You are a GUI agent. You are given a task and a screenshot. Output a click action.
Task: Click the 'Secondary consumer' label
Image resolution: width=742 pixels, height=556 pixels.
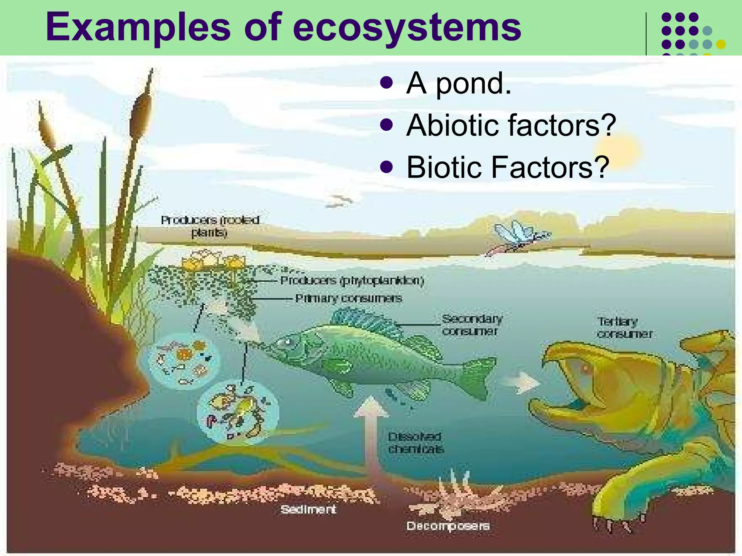pyautogui.click(x=472, y=325)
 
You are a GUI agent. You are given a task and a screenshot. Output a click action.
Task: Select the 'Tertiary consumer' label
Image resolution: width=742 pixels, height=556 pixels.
pyautogui.click(x=624, y=327)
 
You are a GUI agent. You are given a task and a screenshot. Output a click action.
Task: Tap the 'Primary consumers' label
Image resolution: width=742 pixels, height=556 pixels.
pyautogui.click(x=349, y=298)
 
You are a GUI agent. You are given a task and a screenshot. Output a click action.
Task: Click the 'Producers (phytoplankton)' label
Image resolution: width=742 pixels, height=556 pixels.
pyautogui.click(x=352, y=281)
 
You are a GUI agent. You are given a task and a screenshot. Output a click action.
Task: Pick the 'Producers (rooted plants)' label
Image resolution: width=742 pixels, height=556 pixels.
pyautogui.click(x=210, y=226)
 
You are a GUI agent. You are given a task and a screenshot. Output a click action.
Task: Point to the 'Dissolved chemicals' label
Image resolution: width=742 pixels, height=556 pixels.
pyautogui.click(x=416, y=443)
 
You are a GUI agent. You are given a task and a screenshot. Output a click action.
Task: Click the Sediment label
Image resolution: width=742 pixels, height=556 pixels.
pyautogui.click(x=308, y=509)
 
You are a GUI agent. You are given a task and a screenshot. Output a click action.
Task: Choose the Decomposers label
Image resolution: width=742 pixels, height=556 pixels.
pyautogui.click(x=448, y=526)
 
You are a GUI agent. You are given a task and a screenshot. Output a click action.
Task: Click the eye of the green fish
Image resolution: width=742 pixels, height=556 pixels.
pyautogui.click(x=288, y=341)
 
